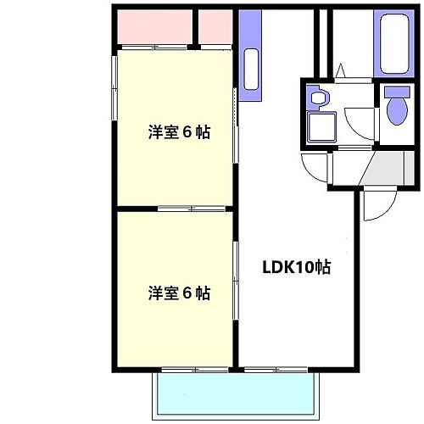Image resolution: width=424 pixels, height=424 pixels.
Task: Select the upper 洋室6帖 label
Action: [179, 132]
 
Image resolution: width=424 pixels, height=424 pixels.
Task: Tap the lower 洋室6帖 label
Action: [179, 293]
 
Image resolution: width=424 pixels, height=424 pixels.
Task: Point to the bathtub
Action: [395, 43]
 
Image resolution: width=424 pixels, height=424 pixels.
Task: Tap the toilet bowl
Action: [395, 108]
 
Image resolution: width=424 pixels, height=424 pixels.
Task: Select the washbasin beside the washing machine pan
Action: [319, 98]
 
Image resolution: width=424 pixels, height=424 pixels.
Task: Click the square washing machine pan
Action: [322, 129]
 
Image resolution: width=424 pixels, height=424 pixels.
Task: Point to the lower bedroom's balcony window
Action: [193, 370]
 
